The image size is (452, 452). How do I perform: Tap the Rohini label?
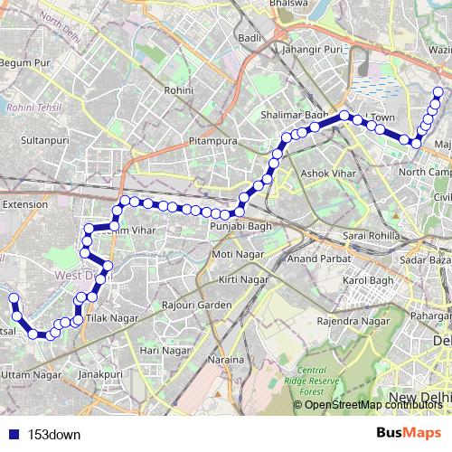[x=179, y=91]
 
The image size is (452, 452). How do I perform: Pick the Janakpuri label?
[x=99, y=372]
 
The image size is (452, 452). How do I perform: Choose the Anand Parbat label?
[x=313, y=258]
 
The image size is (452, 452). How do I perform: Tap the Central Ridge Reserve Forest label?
[x=325, y=381]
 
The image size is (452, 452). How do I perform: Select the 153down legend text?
[x=54, y=433]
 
